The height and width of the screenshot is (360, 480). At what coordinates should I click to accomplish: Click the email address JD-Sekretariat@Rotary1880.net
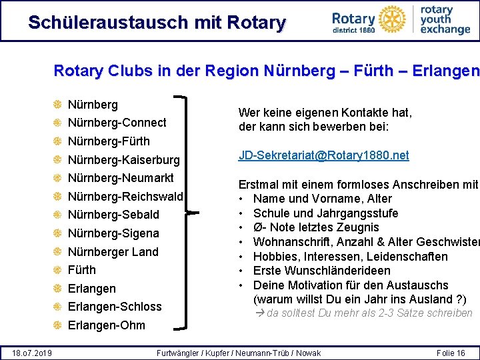point(323,155)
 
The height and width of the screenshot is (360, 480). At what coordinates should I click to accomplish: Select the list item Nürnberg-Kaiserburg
point(123,160)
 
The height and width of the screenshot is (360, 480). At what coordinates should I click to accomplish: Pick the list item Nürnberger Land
point(113,252)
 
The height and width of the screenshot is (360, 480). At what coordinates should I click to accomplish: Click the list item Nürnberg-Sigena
point(113,233)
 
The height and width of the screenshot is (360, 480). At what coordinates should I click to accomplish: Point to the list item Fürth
point(82,270)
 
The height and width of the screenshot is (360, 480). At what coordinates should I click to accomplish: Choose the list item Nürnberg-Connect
point(117,123)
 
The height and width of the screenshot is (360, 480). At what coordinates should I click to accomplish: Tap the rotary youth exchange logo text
point(445,20)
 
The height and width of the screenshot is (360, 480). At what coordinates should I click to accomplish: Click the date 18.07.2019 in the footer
point(33,353)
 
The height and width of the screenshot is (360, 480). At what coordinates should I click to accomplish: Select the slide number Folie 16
point(451,353)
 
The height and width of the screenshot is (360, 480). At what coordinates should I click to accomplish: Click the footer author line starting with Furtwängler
point(238,353)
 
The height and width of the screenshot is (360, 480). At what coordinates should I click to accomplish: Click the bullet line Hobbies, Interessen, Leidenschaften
point(350,257)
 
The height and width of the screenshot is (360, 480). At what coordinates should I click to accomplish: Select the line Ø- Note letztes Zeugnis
point(316,227)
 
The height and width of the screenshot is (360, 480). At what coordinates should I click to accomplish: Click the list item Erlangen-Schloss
point(115,307)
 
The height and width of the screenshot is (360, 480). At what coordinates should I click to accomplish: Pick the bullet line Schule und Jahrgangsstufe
point(325,213)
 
